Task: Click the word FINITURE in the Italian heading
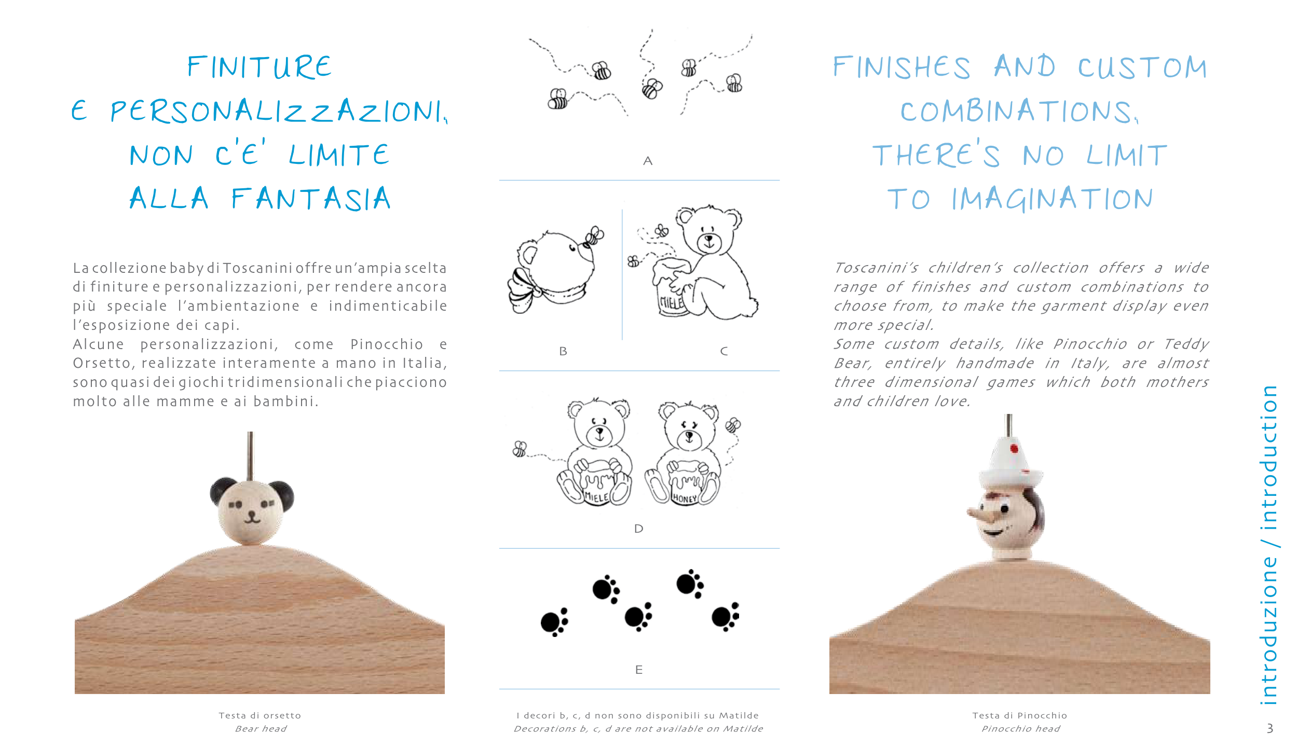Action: coord(260,67)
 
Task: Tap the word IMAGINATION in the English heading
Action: coord(1053,199)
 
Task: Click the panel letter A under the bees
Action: coord(647,161)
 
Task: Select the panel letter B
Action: coord(563,351)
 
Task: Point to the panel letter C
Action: coord(724,351)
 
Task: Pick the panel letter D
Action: coord(639,529)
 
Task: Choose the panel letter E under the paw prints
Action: coord(639,670)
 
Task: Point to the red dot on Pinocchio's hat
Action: coord(1014,448)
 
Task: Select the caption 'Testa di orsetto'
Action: coord(260,715)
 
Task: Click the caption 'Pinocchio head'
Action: coord(1020,729)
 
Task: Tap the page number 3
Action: coord(1270,728)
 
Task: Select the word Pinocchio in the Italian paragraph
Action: coord(387,344)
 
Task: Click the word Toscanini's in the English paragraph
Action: coord(876,268)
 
